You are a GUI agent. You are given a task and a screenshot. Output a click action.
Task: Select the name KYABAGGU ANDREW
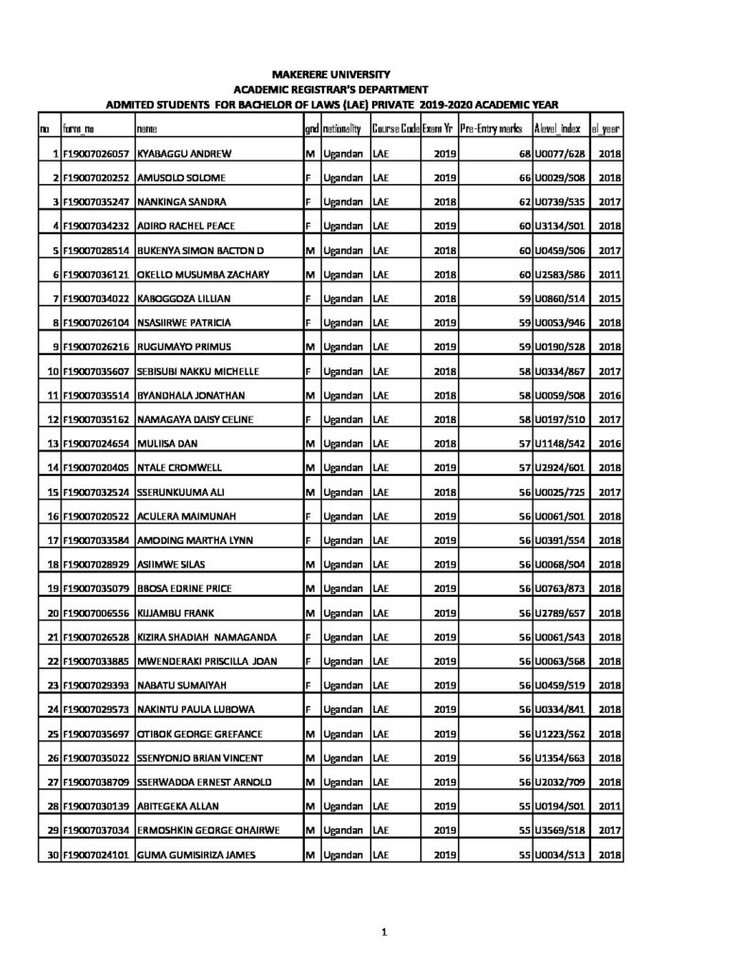click(185, 153)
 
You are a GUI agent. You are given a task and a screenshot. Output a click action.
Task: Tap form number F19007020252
click(96, 178)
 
